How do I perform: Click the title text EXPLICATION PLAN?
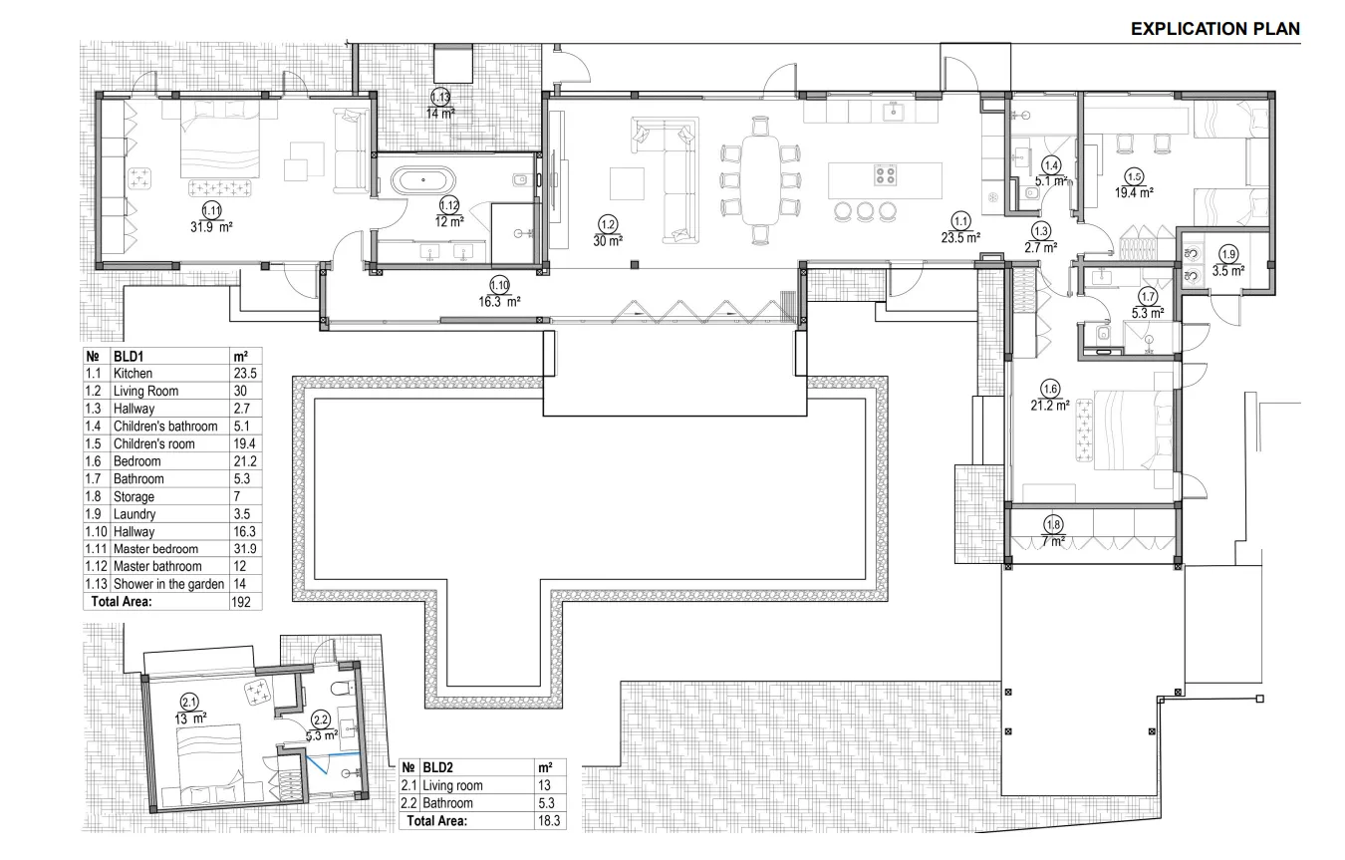tap(1215, 29)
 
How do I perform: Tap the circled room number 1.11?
tap(211, 211)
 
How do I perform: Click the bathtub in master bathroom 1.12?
tap(423, 180)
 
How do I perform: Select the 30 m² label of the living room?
tap(608, 241)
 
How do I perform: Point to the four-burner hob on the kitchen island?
tap(886, 175)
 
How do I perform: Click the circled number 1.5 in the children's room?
tap(1134, 176)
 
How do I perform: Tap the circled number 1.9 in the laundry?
tap(1229, 255)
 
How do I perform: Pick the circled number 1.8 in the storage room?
tap(1054, 525)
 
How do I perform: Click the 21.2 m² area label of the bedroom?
tap(1050, 406)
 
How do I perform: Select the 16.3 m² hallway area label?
tap(499, 302)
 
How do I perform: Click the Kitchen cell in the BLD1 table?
tap(133, 373)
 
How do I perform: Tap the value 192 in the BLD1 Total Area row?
tap(241, 602)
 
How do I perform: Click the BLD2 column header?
tap(437, 767)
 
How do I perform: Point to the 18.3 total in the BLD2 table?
tap(549, 821)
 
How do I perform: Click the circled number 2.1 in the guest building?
tap(189, 703)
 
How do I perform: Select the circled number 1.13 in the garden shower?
tap(440, 97)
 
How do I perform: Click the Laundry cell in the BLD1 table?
tap(134, 514)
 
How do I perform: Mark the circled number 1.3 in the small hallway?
tap(1040, 231)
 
